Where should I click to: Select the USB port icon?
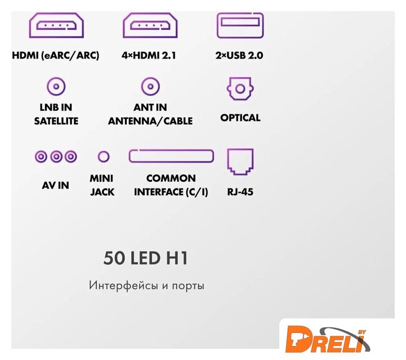[240, 25]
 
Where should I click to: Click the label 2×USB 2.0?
[239, 55]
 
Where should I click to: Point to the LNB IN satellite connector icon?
[56, 87]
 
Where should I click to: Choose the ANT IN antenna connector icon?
[150, 87]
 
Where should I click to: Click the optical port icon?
[240, 88]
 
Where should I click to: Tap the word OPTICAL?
[240, 118]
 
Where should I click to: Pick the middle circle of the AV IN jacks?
[56, 156]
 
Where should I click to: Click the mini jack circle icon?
[104, 156]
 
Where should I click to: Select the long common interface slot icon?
[171, 156]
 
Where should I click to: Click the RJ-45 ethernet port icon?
[240, 161]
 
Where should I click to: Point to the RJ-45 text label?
[240, 192]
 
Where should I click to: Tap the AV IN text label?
[56, 184]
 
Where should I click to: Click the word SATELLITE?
[56, 120]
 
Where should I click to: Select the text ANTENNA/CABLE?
[150, 120]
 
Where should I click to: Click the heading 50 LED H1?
[146, 258]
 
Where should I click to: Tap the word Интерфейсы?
[122, 285]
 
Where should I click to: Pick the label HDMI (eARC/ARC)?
[56, 55]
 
